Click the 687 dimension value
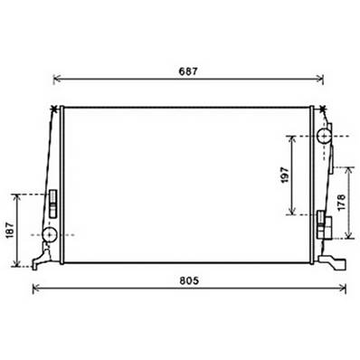188,71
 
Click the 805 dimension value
189,280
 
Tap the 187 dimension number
10,231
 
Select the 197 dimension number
284,175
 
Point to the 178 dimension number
341,203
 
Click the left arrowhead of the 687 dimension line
56,79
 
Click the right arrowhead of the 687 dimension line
320,79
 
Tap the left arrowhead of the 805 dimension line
35,288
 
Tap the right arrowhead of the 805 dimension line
343,288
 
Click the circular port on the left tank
50,234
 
